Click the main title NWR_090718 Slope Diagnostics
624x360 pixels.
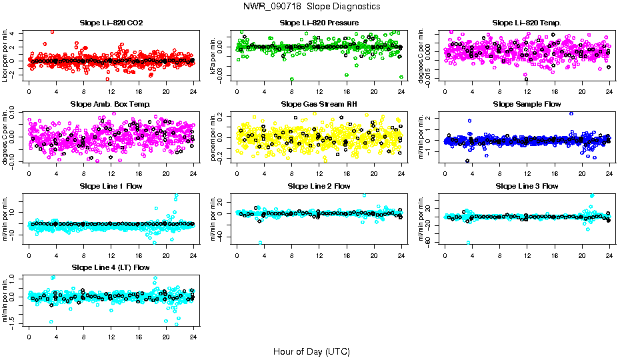coord(311,6)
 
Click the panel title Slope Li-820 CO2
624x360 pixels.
coord(111,23)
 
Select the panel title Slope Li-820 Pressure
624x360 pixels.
coord(319,23)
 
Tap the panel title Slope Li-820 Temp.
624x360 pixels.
coord(527,23)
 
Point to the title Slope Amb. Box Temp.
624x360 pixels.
coord(111,105)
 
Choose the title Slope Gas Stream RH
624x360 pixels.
coord(319,105)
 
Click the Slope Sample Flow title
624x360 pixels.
coord(527,105)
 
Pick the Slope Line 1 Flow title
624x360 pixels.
coord(111,186)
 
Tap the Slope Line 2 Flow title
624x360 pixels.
coord(319,186)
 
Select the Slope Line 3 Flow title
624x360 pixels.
coord(527,186)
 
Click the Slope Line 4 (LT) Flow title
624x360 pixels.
coord(111,267)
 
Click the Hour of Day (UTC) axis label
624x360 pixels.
coord(311,351)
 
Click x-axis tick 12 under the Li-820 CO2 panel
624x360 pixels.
coord(111,92)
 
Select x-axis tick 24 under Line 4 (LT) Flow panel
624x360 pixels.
coord(193,337)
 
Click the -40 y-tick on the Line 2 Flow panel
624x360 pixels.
coord(222,237)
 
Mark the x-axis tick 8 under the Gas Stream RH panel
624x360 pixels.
coord(292,174)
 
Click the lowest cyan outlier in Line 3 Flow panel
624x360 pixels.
coord(469,243)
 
